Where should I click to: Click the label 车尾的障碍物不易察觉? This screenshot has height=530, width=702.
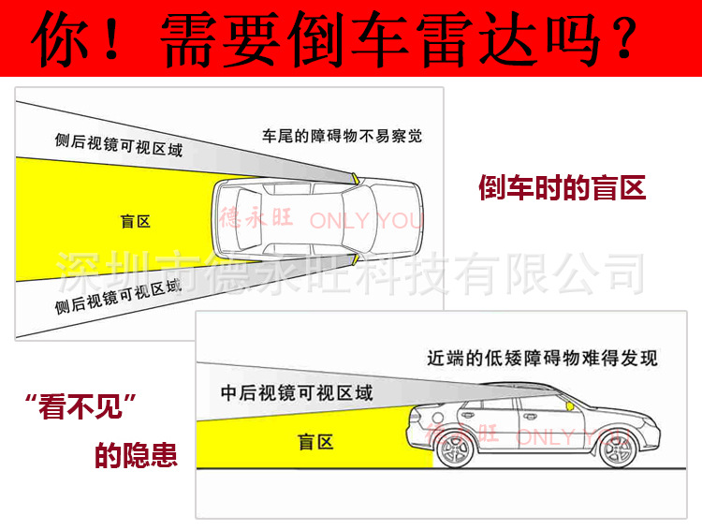(x=342, y=136)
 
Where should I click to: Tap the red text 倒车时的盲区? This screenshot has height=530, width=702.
(x=562, y=188)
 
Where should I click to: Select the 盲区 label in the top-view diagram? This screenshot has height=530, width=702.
(x=135, y=222)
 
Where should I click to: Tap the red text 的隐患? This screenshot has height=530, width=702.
(x=136, y=456)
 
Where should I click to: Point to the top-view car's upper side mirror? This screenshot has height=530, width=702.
(x=354, y=177)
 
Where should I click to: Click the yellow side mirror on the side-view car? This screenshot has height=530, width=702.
(x=569, y=407)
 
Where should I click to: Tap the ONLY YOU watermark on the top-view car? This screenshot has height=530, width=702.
(x=365, y=221)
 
